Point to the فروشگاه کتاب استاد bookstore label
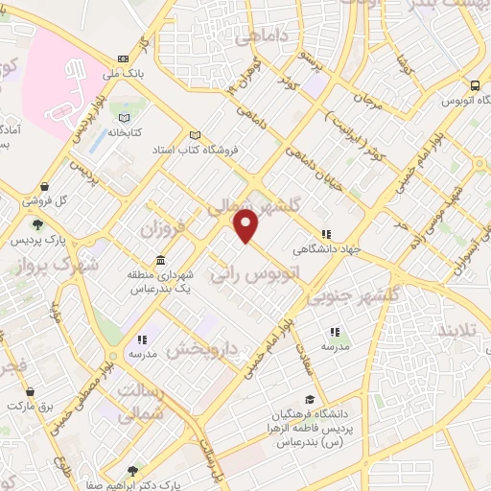tap(161, 151)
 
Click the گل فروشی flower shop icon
tap(44, 187)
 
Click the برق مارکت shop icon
tap(31, 391)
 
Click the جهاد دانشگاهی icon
tap(326, 232)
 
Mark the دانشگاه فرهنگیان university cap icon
tap(310, 400)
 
